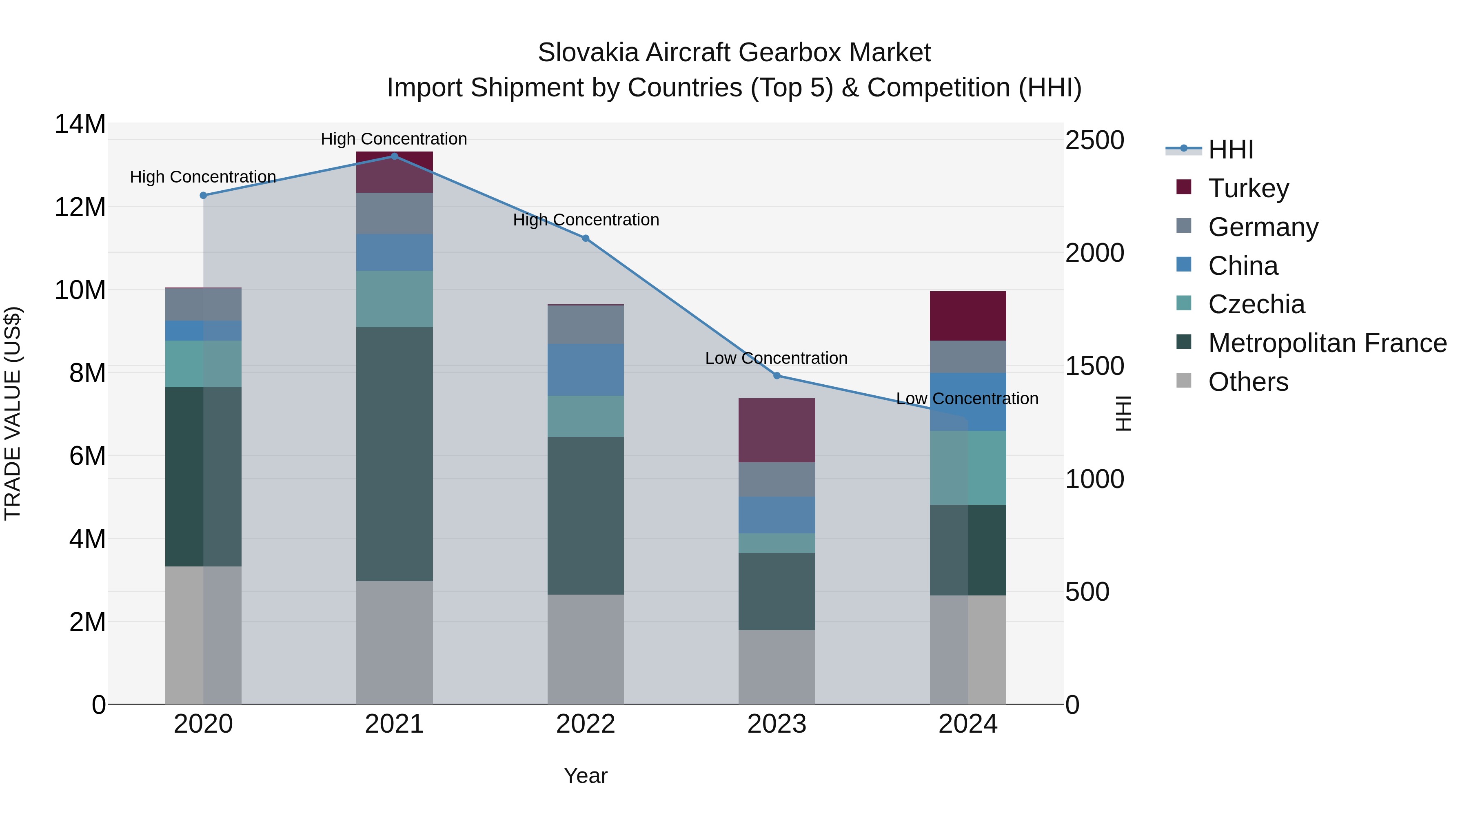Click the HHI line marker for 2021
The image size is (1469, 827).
click(394, 156)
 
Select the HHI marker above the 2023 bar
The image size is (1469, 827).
click(777, 376)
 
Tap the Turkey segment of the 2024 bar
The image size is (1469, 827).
click(968, 316)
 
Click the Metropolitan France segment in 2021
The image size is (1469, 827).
click(394, 454)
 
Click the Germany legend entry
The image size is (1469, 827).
click(1263, 227)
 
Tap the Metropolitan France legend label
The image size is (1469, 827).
click(1327, 343)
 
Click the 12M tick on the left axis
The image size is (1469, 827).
click(80, 207)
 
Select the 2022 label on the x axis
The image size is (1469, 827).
click(586, 724)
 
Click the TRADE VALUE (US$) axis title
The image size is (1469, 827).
click(13, 413)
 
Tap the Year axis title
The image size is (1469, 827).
click(586, 776)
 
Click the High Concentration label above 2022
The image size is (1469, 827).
click(586, 220)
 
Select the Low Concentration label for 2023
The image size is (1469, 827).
click(776, 359)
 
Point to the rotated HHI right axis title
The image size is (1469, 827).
click(1122, 413)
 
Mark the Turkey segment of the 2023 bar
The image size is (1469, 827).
click(777, 430)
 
